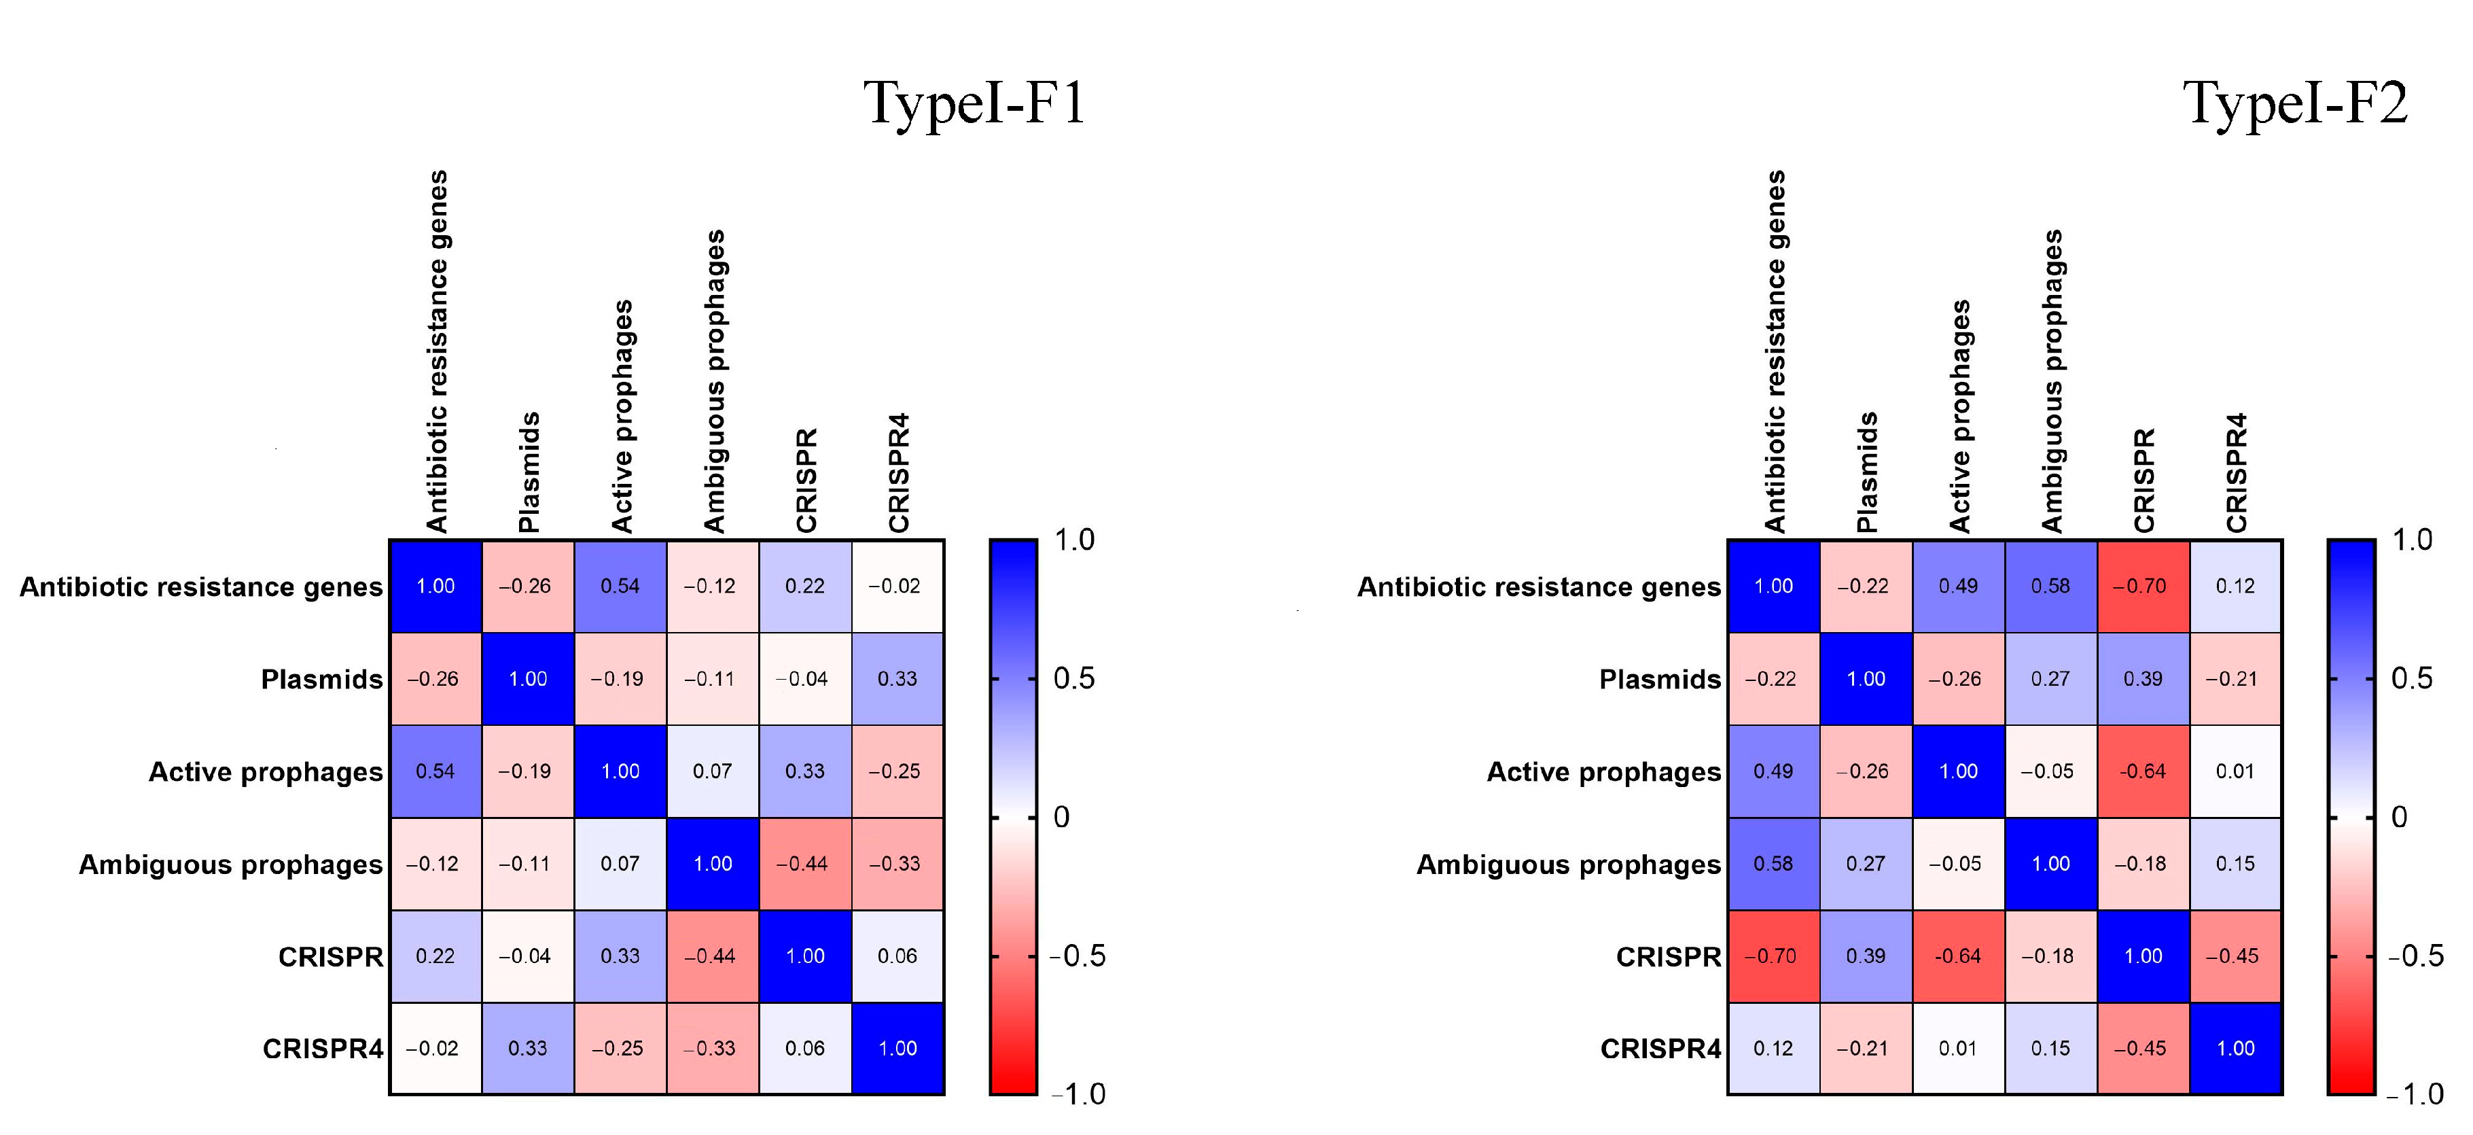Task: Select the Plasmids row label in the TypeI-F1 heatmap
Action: tap(321, 679)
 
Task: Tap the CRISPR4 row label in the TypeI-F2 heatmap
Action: tap(1661, 1049)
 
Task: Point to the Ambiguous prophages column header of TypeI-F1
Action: tap(714, 381)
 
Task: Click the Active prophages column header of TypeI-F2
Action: tap(1959, 416)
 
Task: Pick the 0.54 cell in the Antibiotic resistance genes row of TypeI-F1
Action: tap(620, 586)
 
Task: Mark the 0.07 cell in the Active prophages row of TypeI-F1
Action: tap(712, 771)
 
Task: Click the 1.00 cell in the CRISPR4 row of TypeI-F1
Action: tap(897, 1049)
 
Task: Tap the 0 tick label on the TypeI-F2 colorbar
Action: tap(2399, 817)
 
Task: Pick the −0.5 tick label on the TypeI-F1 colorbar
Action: tap(1077, 956)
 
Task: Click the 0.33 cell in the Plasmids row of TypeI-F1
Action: tap(897, 679)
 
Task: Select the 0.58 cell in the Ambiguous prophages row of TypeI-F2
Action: tap(1773, 863)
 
